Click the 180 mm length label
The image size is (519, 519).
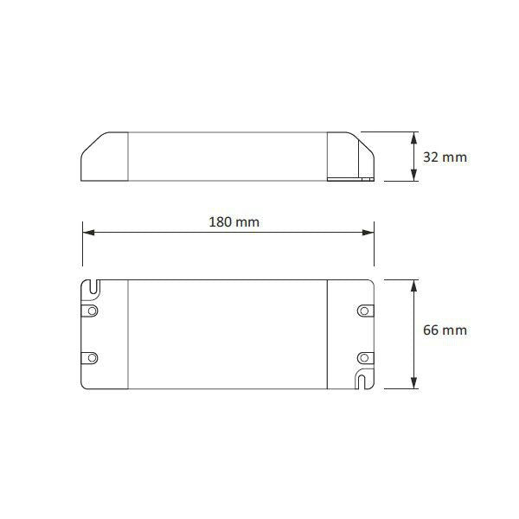[x=234, y=221]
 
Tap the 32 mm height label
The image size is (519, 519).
[x=445, y=157]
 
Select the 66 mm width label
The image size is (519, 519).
[x=445, y=330]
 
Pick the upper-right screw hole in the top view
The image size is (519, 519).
[x=363, y=309]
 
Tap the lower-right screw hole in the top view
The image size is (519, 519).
[x=363, y=356]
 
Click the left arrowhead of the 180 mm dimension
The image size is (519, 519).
[x=86, y=232]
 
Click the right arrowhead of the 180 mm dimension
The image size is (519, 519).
[x=369, y=232]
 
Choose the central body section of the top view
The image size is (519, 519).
[x=227, y=333]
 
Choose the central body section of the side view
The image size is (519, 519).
[x=227, y=157]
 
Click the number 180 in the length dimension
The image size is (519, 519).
[x=221, y=221]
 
